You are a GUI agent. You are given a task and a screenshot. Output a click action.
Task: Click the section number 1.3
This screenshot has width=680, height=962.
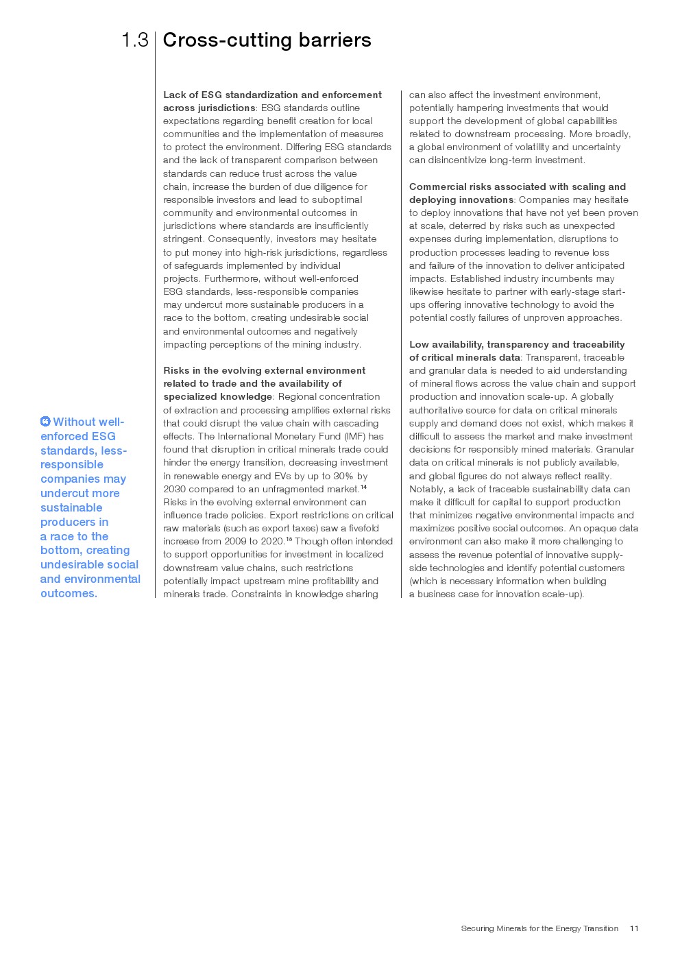click(135, 40)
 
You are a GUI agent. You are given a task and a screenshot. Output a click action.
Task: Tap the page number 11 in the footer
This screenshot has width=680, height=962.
click(634, 928)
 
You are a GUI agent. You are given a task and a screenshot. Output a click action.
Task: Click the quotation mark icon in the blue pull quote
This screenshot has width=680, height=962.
click(45, 421)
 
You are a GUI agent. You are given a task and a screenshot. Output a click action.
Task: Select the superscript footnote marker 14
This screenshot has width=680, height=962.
click(363, 488)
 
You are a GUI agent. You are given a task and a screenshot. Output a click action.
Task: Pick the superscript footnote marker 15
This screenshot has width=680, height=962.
click(289, 540)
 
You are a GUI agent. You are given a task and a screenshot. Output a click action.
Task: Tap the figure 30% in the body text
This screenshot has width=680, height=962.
click(343, 476)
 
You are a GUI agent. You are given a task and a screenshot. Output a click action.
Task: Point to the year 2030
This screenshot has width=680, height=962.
click(175, 489)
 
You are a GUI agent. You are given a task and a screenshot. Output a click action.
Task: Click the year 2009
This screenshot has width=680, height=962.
click(236, 541)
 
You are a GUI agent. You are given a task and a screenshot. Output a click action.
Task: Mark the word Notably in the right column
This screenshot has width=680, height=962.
click(426, 489)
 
